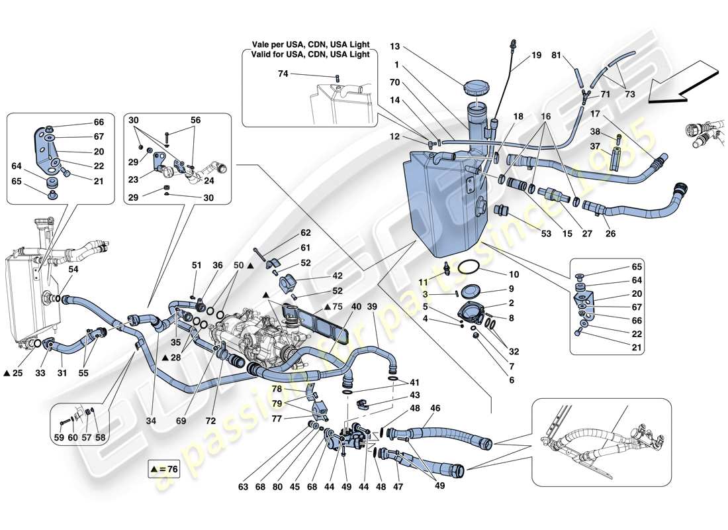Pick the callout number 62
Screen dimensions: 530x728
pos(305,233)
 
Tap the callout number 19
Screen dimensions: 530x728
pos(536,57)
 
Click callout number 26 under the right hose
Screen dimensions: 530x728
pos(610,234)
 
